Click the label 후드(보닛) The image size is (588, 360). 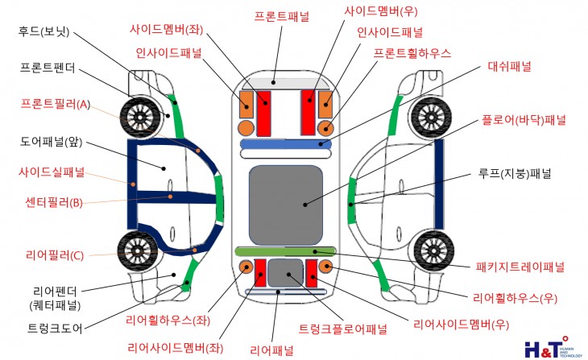tap(43, 31)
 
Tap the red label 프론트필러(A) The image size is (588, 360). tap(56, 104)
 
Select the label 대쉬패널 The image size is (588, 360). tap(509, 66)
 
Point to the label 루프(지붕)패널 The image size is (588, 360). tap(514, 174)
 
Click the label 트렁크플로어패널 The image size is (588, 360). tap(342, 329)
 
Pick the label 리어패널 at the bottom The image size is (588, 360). tap(271, 350)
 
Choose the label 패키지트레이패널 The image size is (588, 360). tap(520, 267)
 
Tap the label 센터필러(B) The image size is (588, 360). tap(54, 202)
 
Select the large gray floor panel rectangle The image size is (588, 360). tap(286, 205)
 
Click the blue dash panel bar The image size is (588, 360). tap(286, 144)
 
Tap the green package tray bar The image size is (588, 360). tap(285, 251)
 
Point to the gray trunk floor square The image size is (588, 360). tap(285, 273)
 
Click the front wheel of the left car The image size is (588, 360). tap(140, 118)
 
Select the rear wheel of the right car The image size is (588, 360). tap(434, 250)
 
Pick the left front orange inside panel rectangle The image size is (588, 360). tap(246, 105)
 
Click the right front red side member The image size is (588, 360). tap(308, 113)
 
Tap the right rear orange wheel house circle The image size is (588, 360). tap(326, 266)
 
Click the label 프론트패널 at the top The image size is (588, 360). tap(282, 16)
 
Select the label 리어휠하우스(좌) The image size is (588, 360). tap(168, 321)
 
